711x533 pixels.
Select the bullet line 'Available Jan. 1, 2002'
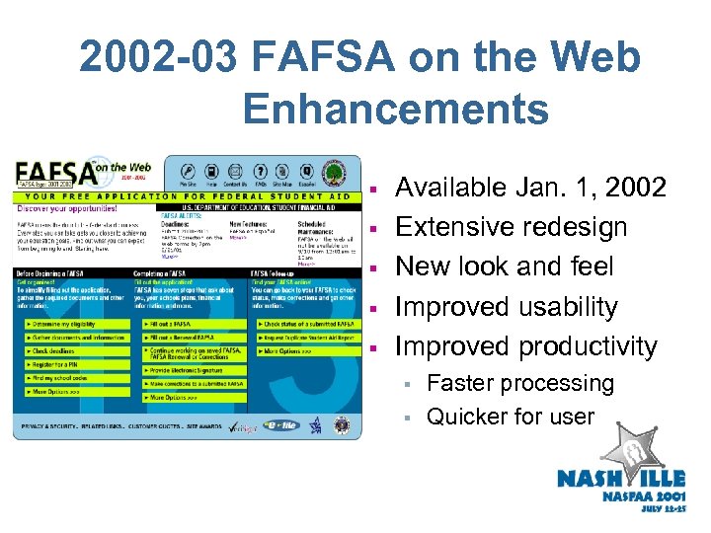pyautogui.click(x=531, y=188)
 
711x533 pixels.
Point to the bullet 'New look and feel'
pyautogui.click(x=505, y=266)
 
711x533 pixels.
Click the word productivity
pyautogui.click(x=588, y=346)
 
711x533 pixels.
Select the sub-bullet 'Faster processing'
pyautogui.click(x=519, y=383)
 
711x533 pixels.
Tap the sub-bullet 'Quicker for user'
pyautogui.click(x=511, y=417)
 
